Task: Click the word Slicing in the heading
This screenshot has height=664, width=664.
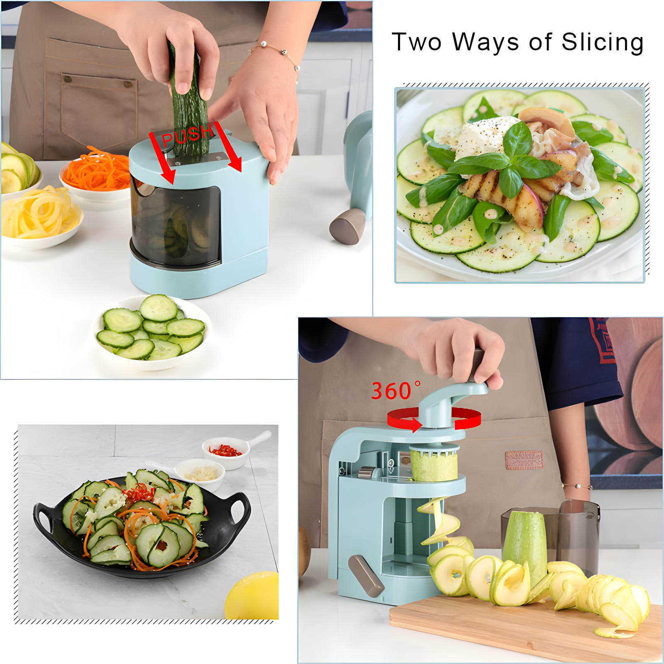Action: (602, 42)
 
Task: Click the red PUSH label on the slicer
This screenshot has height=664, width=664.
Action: (187, 135)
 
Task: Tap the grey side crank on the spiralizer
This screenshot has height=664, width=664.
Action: (365, 575)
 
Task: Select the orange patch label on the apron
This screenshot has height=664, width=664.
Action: (524, 460)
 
